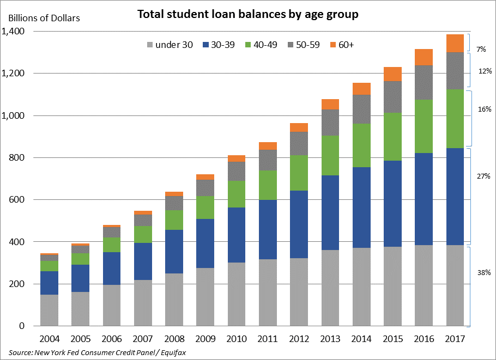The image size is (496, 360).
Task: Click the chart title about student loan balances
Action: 247,15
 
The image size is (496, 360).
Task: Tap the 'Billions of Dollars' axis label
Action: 44,18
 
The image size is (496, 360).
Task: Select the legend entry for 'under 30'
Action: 170,45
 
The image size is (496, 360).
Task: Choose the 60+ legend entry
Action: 342,45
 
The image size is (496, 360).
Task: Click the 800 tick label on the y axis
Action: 17,158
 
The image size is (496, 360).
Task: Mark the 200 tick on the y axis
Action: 17,284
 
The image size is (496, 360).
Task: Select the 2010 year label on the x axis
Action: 237,339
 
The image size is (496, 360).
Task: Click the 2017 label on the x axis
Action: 455,339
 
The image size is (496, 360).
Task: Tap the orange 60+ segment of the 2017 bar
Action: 455,43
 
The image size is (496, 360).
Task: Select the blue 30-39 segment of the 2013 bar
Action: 330,212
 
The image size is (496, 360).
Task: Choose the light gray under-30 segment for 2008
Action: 174,300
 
